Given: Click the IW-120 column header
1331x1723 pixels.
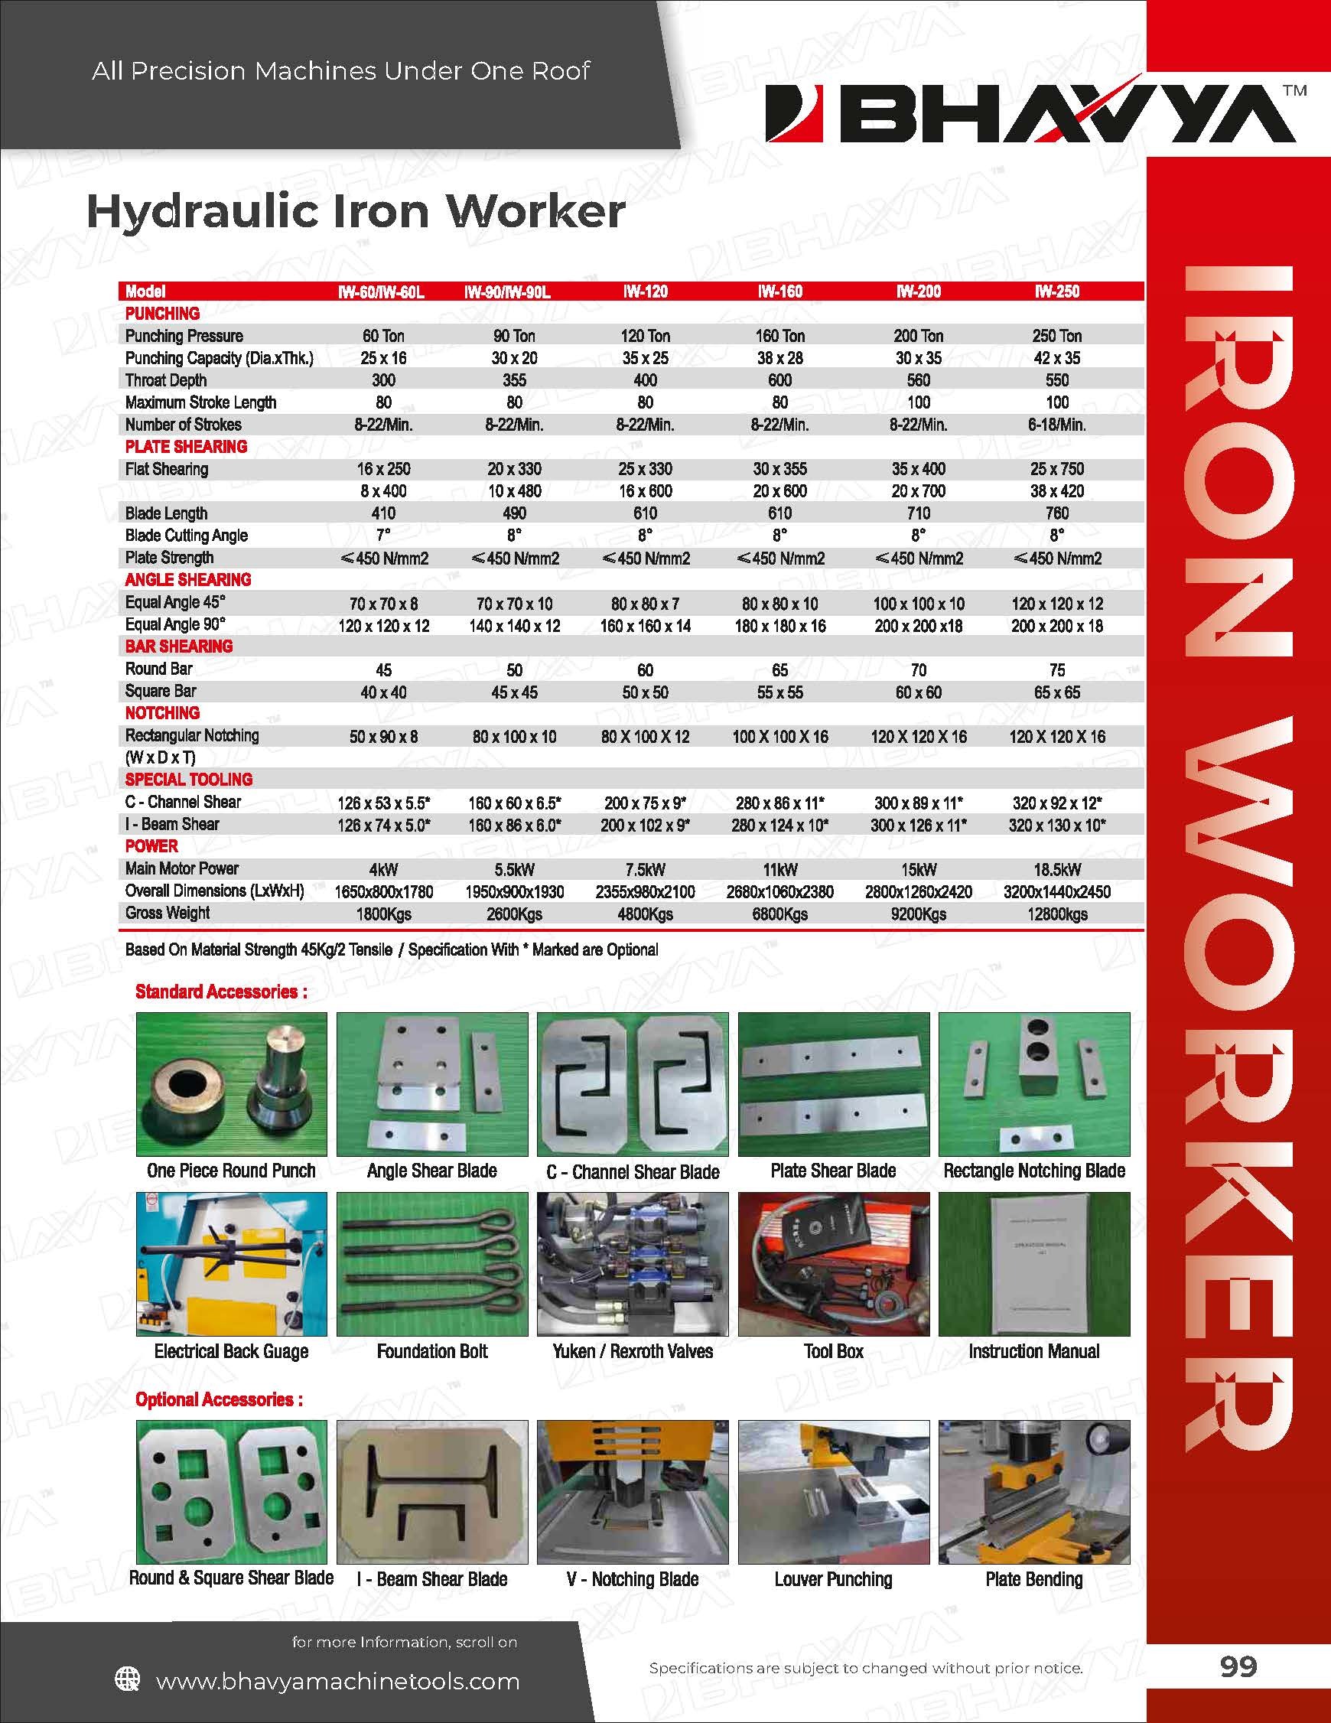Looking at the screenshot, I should (645, 291).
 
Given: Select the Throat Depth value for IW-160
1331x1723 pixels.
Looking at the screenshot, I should (779, 380).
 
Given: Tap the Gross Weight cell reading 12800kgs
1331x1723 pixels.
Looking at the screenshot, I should (1056, 914).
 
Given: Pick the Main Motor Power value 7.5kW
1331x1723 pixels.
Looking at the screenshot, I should (645, 869).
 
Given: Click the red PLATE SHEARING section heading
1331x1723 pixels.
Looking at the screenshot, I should (186, 447).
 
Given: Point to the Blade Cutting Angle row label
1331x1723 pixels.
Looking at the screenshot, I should (186, 536).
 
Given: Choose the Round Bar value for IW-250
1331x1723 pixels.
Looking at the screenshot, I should (1056, 669).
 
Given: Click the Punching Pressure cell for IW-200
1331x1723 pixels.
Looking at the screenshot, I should (918, 336).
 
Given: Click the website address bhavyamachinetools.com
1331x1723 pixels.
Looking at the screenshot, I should (337, 1680).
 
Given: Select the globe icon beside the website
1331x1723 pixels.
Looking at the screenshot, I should (128, 1679).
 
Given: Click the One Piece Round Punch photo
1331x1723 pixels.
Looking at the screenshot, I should (231, 1084).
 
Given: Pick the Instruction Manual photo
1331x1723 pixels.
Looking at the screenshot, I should (1033, 1264).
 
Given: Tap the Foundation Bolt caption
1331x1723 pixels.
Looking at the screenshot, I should (431, 1351).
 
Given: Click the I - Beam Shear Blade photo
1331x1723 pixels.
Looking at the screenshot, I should (431, 1492).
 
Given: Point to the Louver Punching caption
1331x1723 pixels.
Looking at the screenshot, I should (833, 1579).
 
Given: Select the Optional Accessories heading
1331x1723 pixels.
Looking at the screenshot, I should (219, 1399).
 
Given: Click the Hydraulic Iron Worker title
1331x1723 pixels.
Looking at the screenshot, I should (355, 211).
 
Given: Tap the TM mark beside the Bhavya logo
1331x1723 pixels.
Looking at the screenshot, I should (1296, 90).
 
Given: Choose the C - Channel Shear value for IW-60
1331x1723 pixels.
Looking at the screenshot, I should (383, 803).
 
